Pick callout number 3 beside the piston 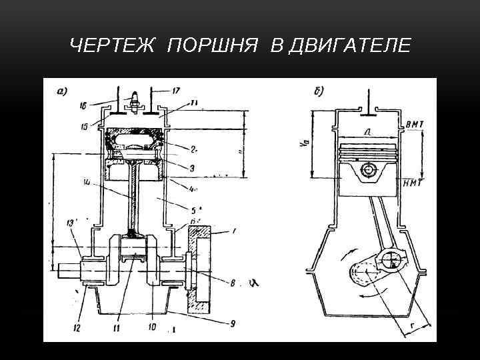click(192, 169)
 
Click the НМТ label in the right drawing click(414, 183)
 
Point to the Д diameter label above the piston click(367, 133)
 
